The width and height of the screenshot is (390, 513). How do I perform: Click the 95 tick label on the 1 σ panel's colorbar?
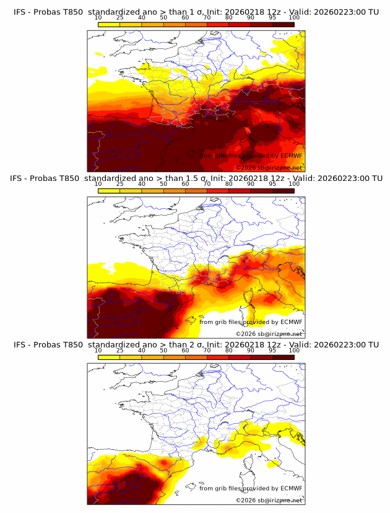click(x=272, y=18)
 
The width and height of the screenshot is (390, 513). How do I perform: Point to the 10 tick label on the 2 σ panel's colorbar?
click(x=98, y=350)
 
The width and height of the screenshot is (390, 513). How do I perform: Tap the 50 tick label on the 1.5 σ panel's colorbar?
click(x=163, y=184)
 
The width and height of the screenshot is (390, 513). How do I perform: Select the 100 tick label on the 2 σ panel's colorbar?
click(x=294, y=350)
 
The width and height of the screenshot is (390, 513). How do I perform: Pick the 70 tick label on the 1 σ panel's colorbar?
click(x=207, y=18)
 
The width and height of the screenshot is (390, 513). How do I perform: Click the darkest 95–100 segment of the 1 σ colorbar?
click(x=284, y=24)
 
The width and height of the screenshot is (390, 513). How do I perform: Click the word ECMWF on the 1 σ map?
click(x=291, y=156)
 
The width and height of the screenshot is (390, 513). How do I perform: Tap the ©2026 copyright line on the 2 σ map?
click(x=269, y=499)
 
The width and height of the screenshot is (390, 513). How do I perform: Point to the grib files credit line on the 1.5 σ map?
click(x=250, y=322)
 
